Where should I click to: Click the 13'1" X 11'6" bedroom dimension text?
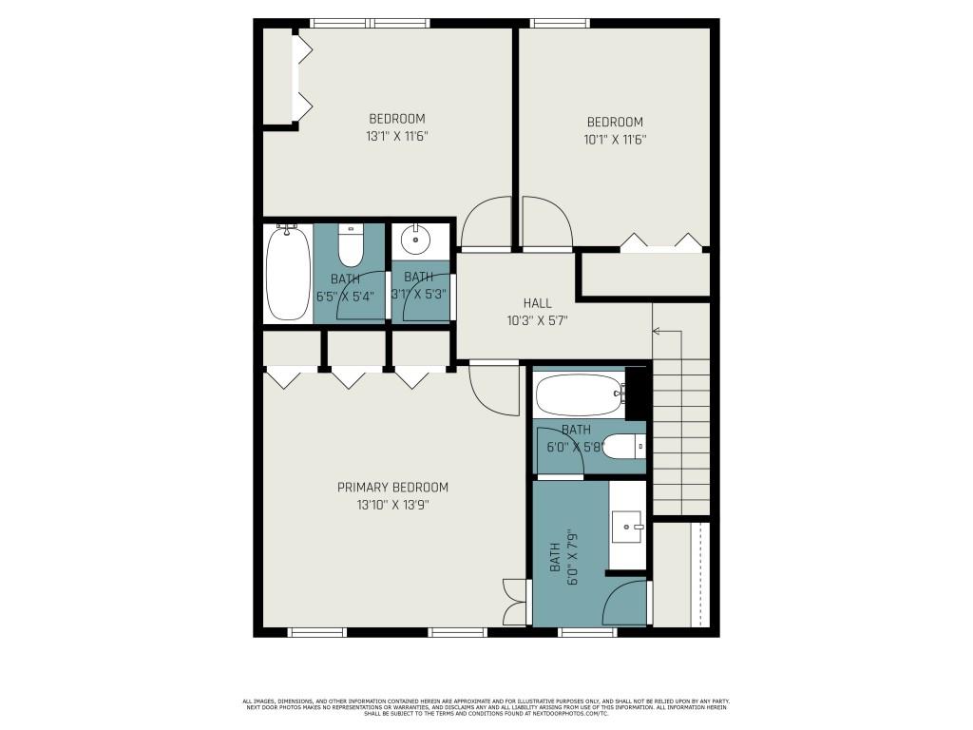point(397,136)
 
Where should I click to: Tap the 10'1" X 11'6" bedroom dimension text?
point(615,139)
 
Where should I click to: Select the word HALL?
point(537,303)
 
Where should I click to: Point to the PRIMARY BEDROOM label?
point(392,488)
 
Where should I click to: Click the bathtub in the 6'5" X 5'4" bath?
point(287,274)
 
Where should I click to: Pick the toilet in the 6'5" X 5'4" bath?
point(351,245)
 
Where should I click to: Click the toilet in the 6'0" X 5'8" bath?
point(625,446)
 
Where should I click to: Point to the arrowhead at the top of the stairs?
point(656,331)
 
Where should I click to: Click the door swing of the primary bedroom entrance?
point(492,389)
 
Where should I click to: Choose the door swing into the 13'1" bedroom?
point(486,222)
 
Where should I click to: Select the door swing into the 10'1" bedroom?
point(546,222)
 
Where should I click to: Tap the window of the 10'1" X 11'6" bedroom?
point(560,23)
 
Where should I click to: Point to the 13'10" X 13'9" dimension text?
point(392,506)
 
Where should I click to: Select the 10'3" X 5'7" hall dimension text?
point(537,321)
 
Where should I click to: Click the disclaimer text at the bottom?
point(486,706)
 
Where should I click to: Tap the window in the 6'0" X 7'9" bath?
point(587,632)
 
